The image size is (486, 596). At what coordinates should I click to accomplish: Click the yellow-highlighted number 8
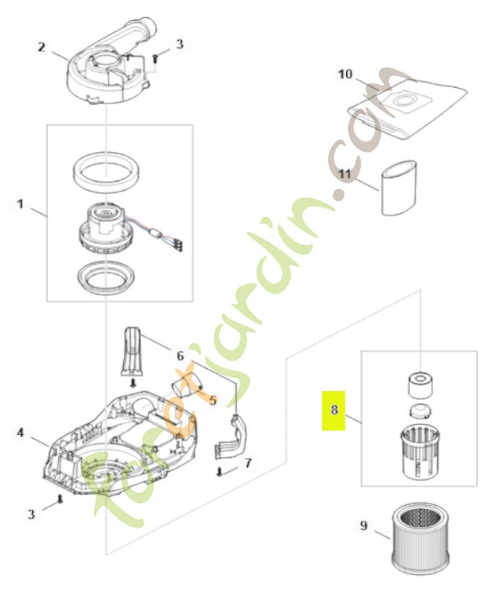coord(334,410)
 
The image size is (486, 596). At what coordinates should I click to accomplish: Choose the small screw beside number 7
coord(221,472)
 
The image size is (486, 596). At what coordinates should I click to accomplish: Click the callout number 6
coord(179,355)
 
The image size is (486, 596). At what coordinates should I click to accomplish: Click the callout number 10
coord(344,74)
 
